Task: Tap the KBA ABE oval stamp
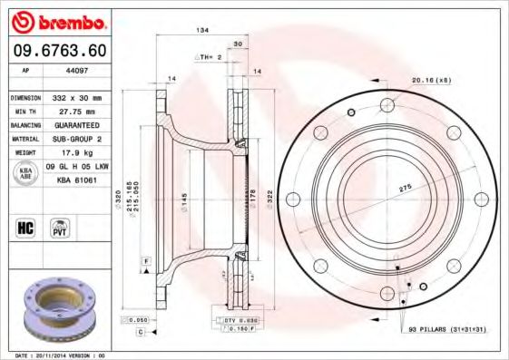pos(24,174)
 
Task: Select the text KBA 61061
pos(77,180)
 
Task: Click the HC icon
pos(24,227)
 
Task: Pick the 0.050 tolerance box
pos(136,320)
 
